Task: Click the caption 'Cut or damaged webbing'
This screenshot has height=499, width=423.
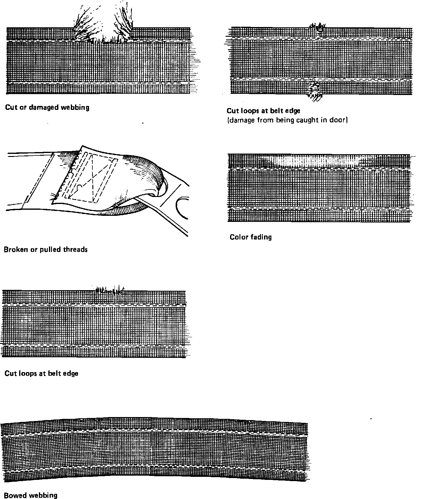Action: coord(47,107)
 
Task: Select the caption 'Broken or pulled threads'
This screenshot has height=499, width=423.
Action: coord(46,249)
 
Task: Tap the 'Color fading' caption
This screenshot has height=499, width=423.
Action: coord(250,237)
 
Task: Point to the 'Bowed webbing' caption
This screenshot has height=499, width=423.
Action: coord(30,495)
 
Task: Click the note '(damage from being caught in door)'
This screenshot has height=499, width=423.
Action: coord(287,120)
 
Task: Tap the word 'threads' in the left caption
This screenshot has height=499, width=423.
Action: coord(75,249)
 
